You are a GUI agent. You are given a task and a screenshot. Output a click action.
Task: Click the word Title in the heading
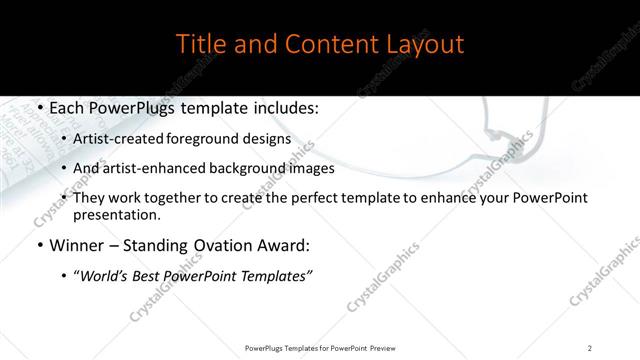pos(200,45)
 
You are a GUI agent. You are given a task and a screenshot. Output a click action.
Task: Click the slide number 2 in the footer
pos(590,347)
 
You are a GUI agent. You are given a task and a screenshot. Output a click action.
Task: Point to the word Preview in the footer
pos(379,347)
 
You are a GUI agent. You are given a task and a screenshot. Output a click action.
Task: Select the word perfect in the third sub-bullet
pos(316,198)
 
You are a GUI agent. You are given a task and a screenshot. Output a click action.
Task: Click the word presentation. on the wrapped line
pos(116,214)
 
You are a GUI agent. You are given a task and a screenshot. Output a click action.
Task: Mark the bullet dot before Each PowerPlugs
pos(38,109)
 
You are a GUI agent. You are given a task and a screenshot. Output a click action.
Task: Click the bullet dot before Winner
pos(38,243)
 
